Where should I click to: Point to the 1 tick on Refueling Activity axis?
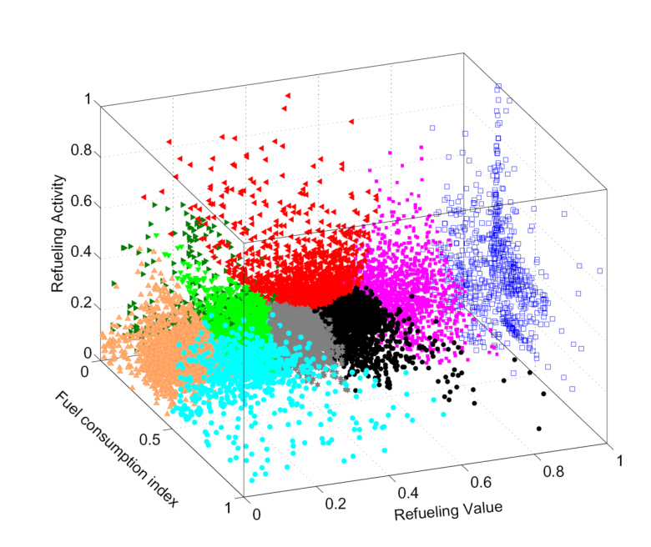88,99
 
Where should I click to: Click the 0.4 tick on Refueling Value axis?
410,492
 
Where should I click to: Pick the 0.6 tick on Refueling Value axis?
482,482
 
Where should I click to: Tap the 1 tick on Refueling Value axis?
618,461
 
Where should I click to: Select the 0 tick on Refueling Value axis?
256,514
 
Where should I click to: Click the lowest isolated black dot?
539,429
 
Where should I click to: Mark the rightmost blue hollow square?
600,270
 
